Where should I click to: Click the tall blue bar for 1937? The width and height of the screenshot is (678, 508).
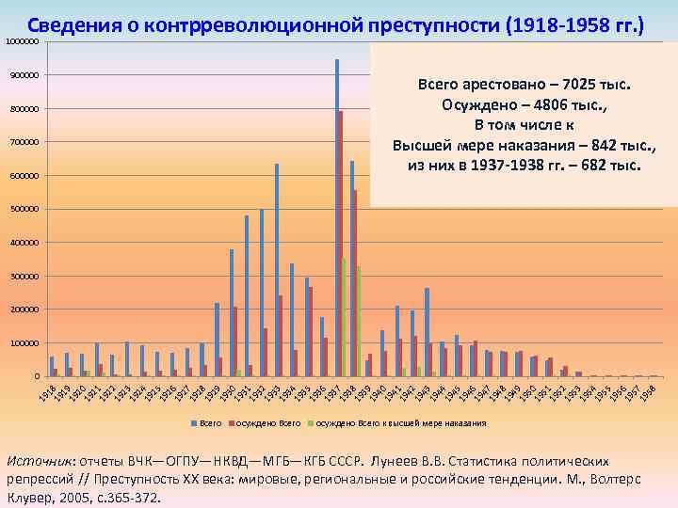(x=336, y=216)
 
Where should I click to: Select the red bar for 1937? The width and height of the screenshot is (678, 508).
(x=340, y=245)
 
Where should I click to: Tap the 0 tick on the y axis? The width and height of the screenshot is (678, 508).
(x=36, y=376)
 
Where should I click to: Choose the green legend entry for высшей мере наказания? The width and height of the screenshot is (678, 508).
(x=399, y=424)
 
